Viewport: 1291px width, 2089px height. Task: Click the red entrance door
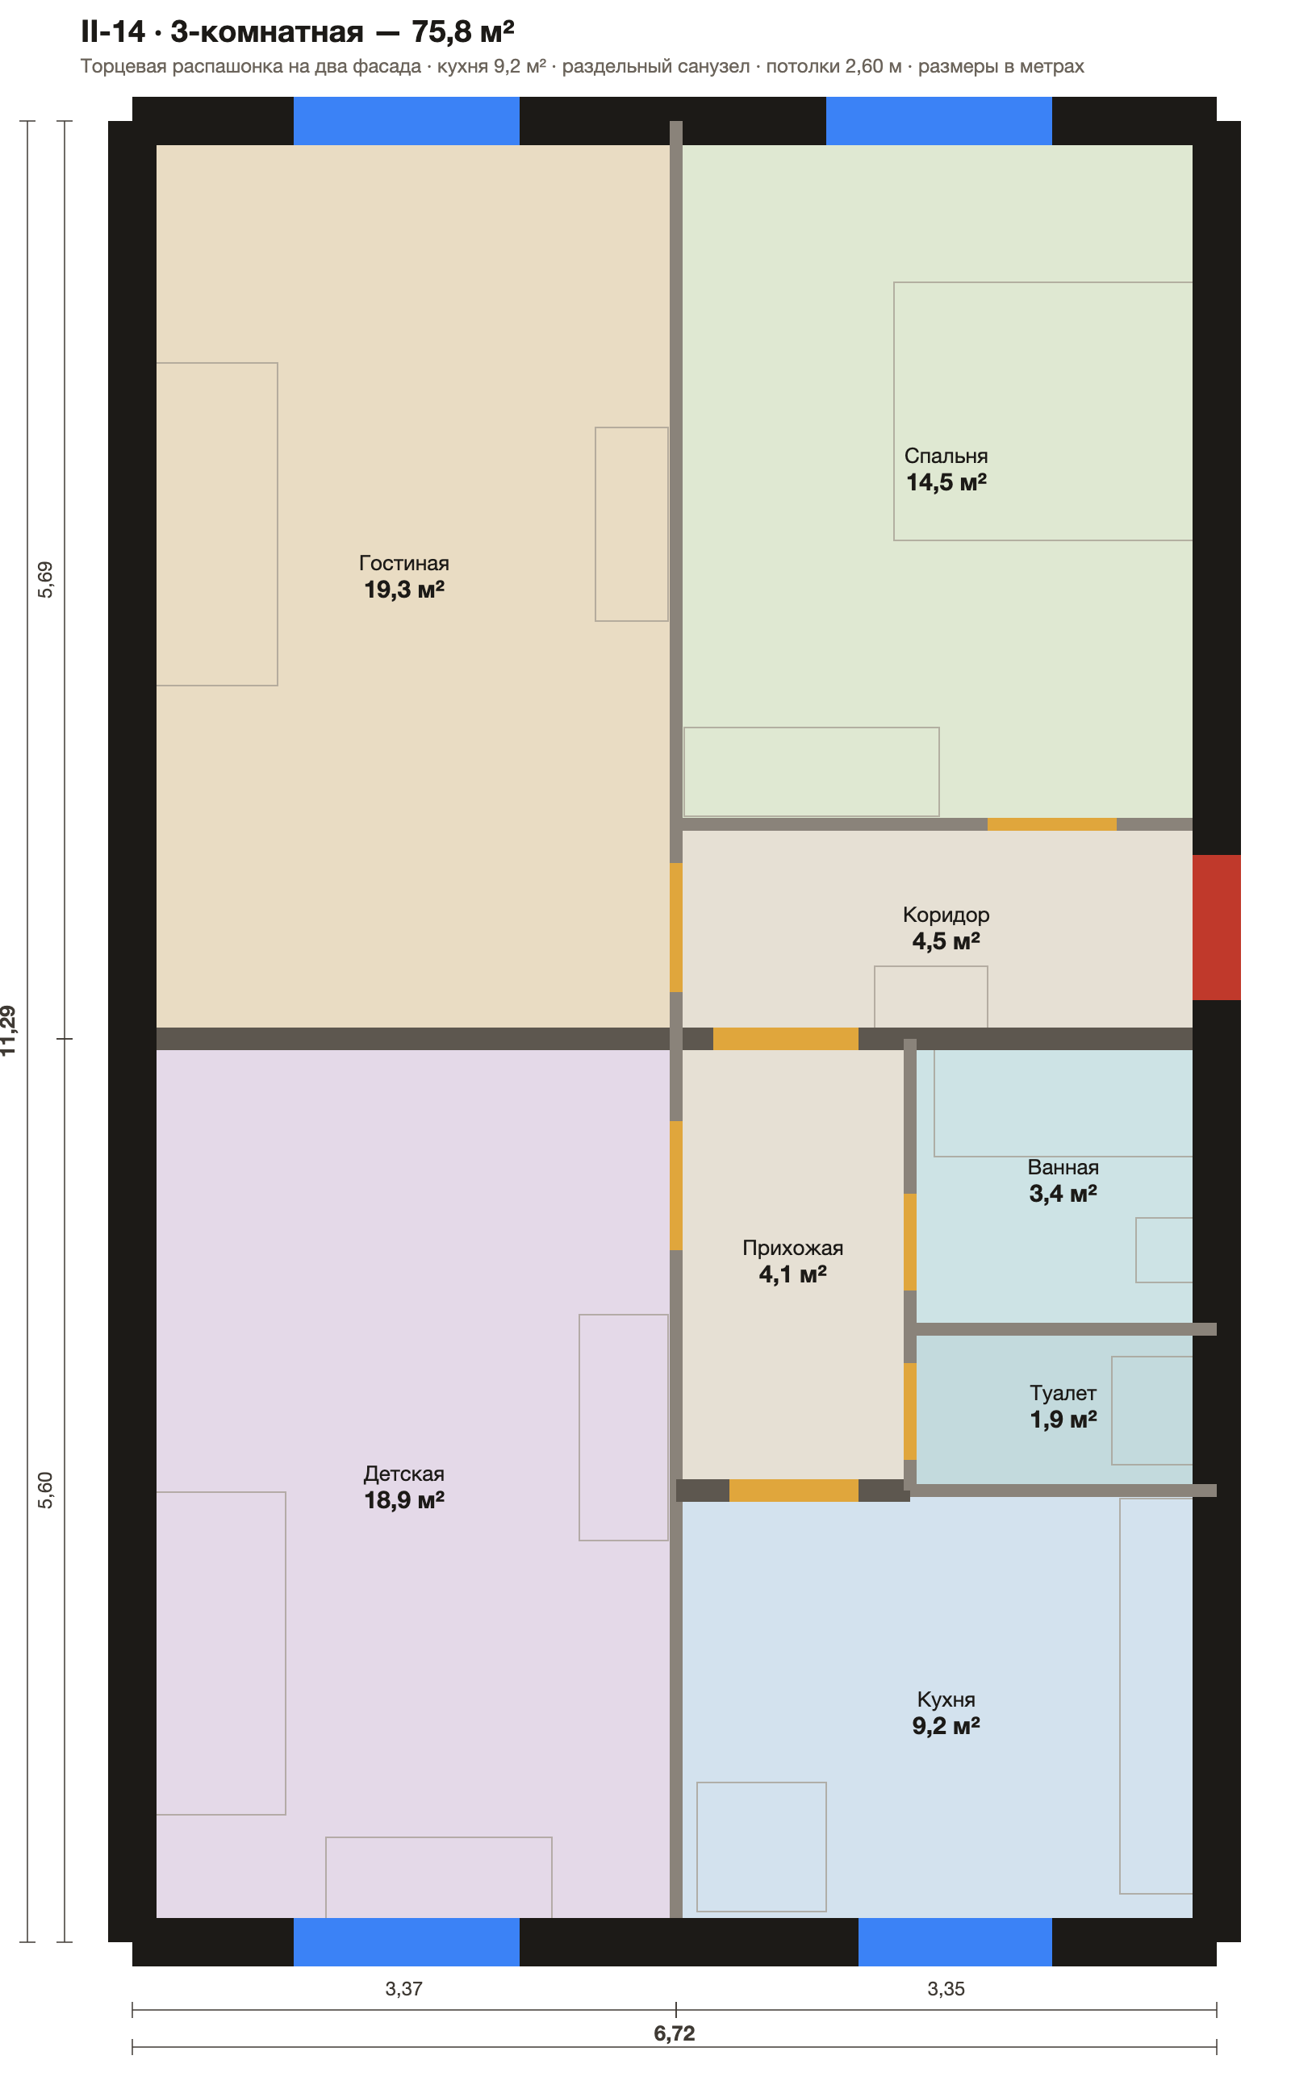click(1216, 927)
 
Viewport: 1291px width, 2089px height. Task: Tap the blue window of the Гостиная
click(407, 120)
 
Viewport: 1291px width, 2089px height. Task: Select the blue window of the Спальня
click(938, 120)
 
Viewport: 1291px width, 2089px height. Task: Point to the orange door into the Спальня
click(1052, 824)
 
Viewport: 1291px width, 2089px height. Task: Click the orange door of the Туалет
click(910, 1411)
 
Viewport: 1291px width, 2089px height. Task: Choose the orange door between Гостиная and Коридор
click(676, 928)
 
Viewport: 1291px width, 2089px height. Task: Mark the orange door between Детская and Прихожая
click(676, 1186)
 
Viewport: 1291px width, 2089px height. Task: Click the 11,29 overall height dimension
click(9, 1031)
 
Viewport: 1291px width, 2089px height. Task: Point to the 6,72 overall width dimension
click(675, 2033)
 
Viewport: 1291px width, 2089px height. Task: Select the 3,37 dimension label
click(404, 1988)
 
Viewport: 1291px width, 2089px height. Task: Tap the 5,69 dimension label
click(45, 579)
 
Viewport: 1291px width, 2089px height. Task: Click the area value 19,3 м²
click(404, 589)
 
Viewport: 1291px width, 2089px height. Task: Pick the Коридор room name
click(946, 915)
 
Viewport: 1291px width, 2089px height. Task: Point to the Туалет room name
click(1063, 1393)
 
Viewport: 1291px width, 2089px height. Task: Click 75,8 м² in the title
click(463, 31)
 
